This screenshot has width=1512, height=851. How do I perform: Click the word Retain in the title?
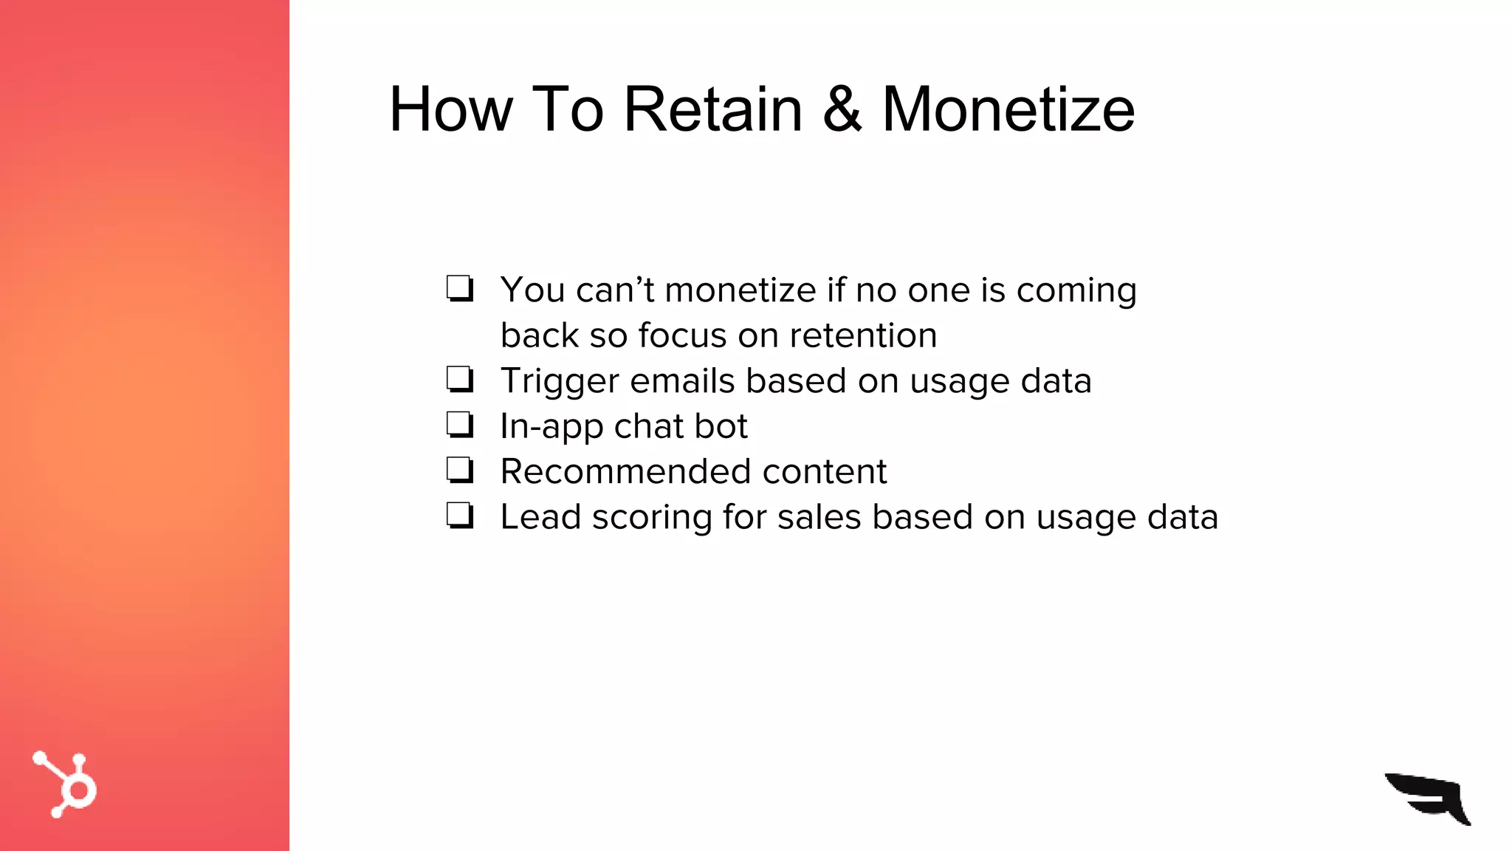712,109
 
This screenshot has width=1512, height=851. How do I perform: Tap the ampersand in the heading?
842,109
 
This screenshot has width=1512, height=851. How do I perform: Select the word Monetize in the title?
1008,109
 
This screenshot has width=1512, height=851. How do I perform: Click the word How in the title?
450,109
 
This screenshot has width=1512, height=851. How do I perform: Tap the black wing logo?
1429,798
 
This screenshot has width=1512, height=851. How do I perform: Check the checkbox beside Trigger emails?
459,380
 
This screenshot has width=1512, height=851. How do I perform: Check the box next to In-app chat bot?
459,425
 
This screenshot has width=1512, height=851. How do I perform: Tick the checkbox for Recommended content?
459,470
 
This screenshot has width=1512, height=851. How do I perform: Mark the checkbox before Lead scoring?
459,515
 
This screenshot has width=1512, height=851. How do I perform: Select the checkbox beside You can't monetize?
459,288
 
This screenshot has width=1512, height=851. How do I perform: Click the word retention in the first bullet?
863,335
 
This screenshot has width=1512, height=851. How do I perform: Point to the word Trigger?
559,382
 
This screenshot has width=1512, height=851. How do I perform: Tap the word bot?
721,426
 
